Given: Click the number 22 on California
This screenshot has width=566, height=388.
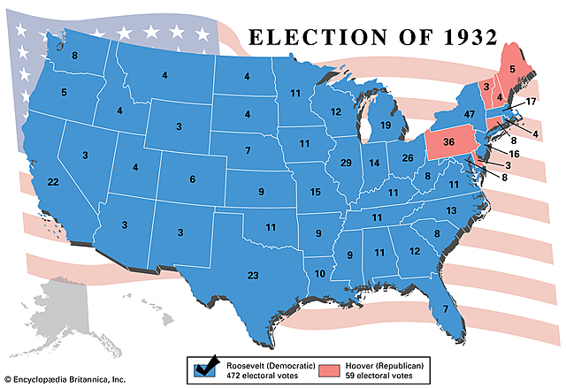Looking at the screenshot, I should [53, 181].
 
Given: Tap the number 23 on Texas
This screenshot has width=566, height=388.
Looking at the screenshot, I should [253, 276].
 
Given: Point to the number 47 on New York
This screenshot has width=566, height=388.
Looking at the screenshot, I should [470, 115].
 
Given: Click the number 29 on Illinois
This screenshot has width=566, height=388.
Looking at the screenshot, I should [347, 163].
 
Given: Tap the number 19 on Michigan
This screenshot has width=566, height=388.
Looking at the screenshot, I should [386, 126].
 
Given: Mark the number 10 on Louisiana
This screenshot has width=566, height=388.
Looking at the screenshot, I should [319, 273].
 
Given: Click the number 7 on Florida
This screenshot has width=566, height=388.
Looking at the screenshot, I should [445, 308].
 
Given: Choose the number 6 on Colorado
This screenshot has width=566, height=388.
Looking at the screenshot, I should [192, 179].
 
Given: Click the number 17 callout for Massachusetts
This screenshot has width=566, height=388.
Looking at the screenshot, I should [531, 102].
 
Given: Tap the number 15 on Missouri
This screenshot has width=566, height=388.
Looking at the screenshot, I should [314, 193].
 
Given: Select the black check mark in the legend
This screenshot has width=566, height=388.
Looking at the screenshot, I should [210, 365].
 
